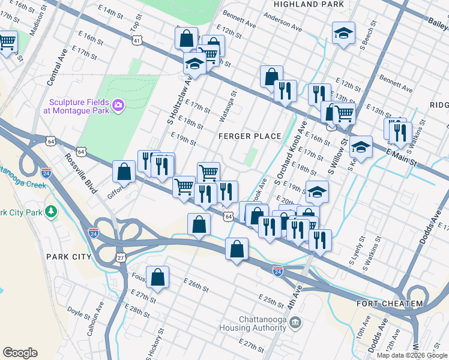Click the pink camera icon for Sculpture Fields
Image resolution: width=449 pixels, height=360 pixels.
[x=118, y=106]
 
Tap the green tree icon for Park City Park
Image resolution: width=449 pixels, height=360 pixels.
[x=52, y=211]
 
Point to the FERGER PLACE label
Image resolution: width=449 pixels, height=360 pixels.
[x=250, y=136]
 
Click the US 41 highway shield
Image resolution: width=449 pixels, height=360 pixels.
[x=137, y=40]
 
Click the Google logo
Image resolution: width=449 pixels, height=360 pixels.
[x=20, y=353]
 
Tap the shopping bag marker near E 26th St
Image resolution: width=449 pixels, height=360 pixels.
[x=157, y=277]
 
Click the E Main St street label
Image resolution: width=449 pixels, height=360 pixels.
[x=400, y=159]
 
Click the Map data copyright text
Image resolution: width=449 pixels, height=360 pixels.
[x=411, y=355]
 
